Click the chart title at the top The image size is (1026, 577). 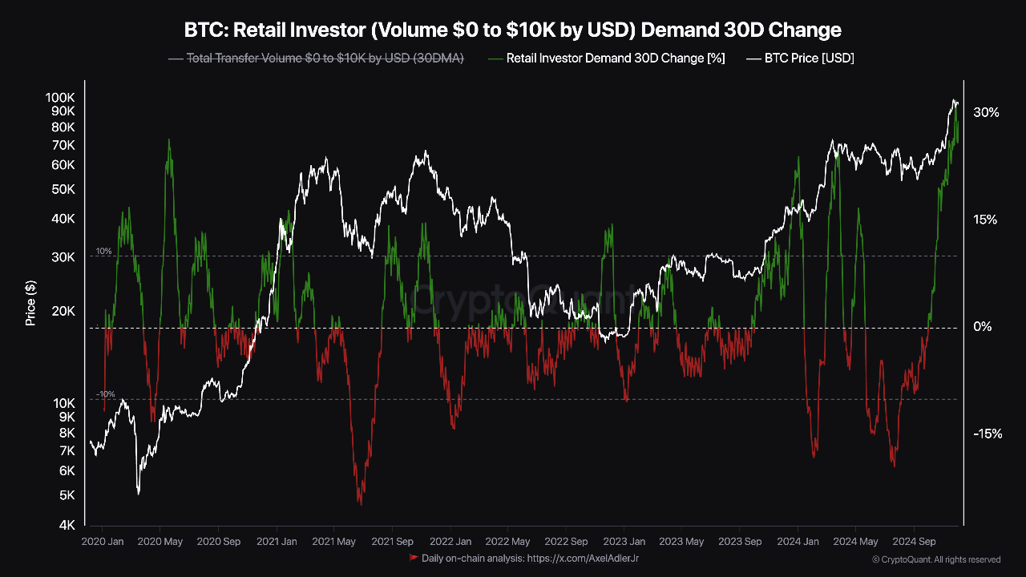513,30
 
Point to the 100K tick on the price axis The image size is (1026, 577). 61,96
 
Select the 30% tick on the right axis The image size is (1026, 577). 986,113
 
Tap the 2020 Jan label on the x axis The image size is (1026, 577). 103,542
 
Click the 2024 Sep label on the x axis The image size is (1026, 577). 915,542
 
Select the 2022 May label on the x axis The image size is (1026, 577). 508,542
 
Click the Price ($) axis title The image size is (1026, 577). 30,303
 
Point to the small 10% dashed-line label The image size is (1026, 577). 104,251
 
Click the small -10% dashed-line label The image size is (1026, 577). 106,394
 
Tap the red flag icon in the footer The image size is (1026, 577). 414,557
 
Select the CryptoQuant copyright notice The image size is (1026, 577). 936,559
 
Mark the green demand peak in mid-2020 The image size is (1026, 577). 168,140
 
